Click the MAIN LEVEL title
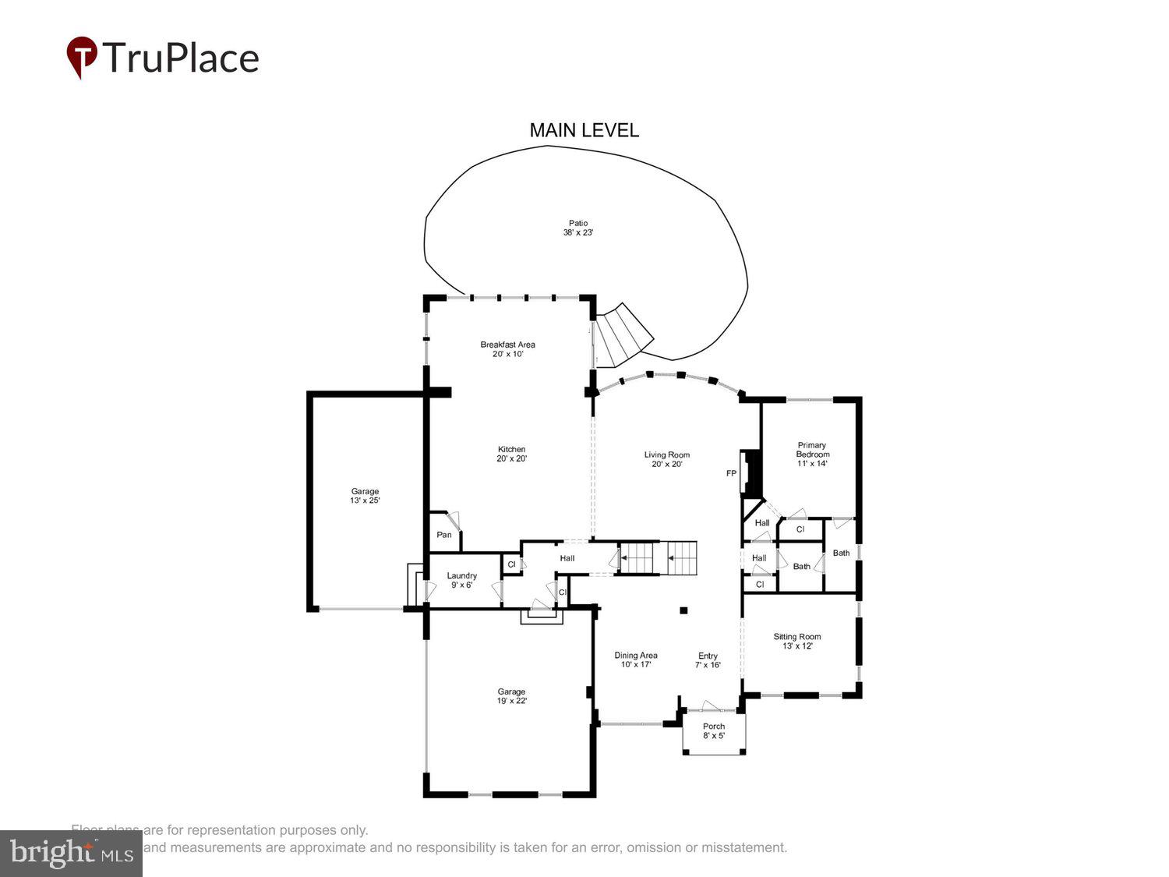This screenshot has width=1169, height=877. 584,130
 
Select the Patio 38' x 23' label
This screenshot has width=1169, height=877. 577,228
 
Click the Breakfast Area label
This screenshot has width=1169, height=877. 507,348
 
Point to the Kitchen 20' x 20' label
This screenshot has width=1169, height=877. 511,454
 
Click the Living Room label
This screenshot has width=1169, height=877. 666,459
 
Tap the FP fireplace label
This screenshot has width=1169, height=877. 731,473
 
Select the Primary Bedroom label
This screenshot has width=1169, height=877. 812,454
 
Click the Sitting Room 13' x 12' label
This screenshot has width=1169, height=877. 796,641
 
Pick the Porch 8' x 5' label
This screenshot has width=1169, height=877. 713,730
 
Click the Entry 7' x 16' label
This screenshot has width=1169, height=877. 708,660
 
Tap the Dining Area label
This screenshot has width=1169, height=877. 635,660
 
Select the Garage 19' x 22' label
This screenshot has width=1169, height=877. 511,696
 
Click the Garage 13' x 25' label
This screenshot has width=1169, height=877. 365,496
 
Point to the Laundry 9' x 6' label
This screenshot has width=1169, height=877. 461,580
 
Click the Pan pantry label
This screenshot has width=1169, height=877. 443,535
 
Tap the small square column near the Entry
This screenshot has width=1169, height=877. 683,610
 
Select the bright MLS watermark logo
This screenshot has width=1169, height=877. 71,853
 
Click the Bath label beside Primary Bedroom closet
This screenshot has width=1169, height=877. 841,553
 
